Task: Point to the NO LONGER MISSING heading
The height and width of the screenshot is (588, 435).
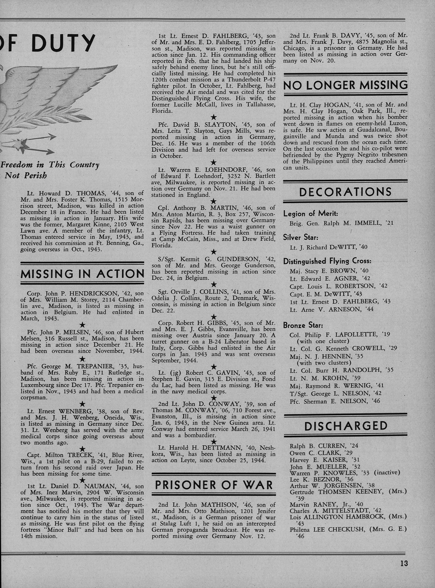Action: coord(345,85)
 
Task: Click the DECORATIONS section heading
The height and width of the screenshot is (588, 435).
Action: coord(345,192)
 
